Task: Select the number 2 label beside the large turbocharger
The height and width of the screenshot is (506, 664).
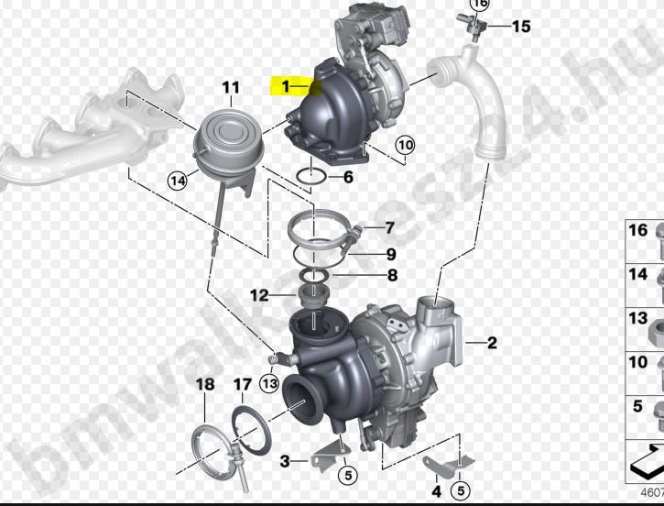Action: pyautogui.click(x=492, y=344)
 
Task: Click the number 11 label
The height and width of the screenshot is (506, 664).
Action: pyautogui.click(x=230, y=88)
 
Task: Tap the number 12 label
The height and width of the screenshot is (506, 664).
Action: pyautogui.click(x=259, y=295)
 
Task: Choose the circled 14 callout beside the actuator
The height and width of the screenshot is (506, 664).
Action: pyautogui.click(x=177, y=181)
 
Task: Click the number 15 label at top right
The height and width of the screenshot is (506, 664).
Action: pyautogui.click(x=520, y=27)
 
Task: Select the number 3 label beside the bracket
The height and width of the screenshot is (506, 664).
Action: pyautogui.click(x=285, y=460)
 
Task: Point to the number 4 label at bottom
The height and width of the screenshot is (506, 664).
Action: pyautogui.click(x=436, y=492)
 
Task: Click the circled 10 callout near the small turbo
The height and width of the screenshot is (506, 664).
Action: pyautogui.click(x=405, y=145)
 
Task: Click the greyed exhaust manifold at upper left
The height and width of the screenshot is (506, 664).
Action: pyautogui.click(x=82, y=128)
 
